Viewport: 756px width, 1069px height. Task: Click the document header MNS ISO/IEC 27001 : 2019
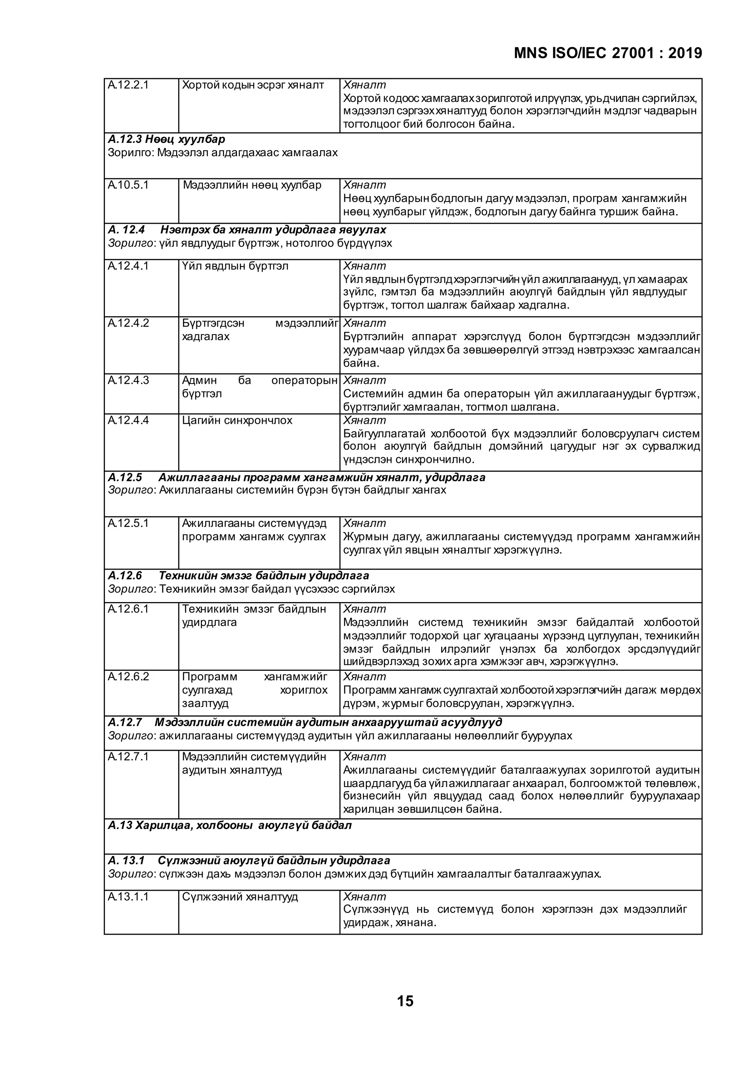608,54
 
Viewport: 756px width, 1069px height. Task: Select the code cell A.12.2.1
128,85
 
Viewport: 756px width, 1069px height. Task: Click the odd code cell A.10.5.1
128,185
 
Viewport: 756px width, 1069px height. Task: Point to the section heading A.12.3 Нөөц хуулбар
166,139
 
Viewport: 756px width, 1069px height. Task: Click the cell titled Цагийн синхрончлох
237,420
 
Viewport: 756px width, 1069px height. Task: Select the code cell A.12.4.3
128,381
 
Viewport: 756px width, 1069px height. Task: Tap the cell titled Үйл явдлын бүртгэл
235,266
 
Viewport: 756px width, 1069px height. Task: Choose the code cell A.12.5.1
128,523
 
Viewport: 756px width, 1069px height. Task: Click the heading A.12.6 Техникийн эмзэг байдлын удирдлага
239,576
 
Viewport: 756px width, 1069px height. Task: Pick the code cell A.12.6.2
128,677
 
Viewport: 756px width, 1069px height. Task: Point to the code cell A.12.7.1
128,757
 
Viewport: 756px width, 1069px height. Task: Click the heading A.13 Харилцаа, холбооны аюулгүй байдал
230,825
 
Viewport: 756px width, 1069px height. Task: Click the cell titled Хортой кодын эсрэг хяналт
253,85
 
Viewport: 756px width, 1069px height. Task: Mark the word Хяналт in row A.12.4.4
364,420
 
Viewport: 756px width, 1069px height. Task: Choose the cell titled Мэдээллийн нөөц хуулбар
252,185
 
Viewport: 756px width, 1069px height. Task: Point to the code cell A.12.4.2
128,323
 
